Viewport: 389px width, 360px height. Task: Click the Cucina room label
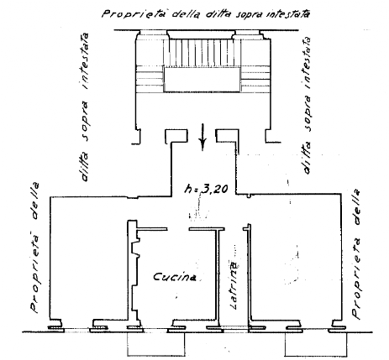click(x=175, y=277)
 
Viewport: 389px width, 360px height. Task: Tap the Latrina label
click(x=234, y=285)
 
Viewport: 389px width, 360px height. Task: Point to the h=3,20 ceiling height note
click(x=206, y=189)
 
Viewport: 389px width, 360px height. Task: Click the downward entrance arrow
click(x=203, y=137)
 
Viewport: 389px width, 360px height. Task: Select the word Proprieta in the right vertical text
click(x=356, y=278)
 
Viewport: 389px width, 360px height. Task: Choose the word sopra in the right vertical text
click(x=308, y=113)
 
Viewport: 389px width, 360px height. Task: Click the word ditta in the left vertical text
click(x=84, y=165)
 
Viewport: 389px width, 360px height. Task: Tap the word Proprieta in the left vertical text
click(x=35, y=272)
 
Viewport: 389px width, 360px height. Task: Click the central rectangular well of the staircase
click(x=202, y=80)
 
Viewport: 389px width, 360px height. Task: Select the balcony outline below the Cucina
click(x=156, y=343)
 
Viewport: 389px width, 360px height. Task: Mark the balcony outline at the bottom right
click(x=316, y=344)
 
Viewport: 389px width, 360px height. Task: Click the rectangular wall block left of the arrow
click(x=176, y=136)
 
